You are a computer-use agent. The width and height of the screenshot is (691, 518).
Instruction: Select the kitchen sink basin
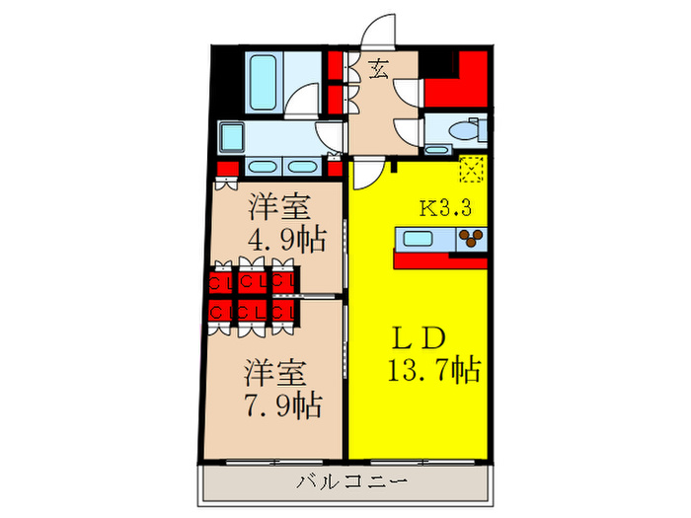point(416,238)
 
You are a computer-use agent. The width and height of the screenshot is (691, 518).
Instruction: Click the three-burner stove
point(470,238)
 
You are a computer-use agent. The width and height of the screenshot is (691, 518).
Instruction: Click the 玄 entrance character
point(379,69)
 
